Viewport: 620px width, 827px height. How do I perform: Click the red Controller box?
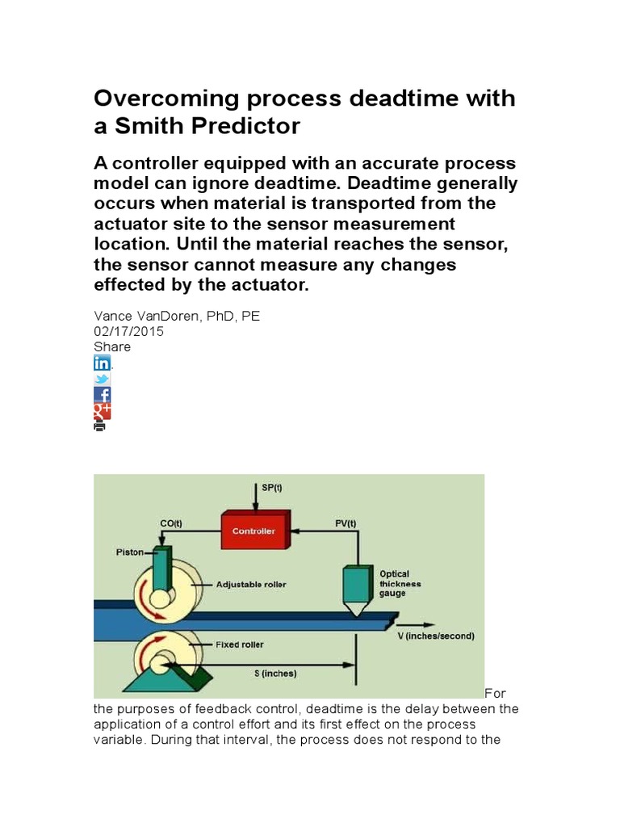click(253, 531)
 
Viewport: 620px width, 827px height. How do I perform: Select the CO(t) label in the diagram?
click(171, 523)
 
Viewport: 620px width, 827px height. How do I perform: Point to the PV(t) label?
click(345, 523)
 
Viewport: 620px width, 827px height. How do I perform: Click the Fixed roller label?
click(240, 644)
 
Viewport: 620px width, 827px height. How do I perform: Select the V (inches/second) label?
click(436, 636)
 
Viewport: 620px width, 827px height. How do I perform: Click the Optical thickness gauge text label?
click(400, 583)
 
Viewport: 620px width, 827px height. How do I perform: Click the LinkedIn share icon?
click(103, 363)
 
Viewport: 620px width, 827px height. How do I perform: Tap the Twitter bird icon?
click(103, 379)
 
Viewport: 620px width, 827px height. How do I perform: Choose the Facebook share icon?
click(103, 395)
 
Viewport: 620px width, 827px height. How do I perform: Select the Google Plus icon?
click(103, 411)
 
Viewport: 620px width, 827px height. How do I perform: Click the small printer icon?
click(100, 426)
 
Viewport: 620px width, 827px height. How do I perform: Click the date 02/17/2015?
click(129, 331)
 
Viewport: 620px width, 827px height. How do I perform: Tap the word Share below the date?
click(112, 346)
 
